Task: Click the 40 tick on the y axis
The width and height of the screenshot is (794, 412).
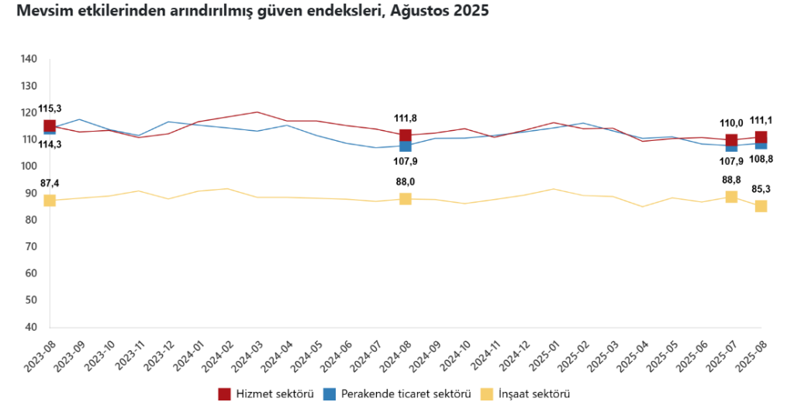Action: tap(31, 327)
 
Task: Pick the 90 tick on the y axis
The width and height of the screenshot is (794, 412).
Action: tap(31, 193)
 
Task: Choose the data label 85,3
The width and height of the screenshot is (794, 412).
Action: tap(761, 188)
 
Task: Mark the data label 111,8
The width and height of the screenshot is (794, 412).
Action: tap(405, 118)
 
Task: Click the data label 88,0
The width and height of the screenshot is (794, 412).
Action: tap(405, 183)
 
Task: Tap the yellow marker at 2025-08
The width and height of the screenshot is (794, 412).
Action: tap(761, 206)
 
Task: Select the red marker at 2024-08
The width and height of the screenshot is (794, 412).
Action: tap(405, 136)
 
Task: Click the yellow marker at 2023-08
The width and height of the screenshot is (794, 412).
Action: tap(50, 201)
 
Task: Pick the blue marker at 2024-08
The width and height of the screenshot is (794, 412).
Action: tap(405, 146)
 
